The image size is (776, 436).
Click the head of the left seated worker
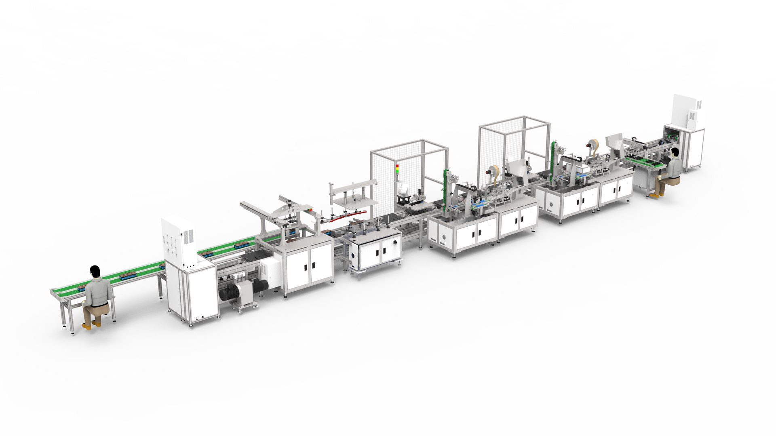[95, 272]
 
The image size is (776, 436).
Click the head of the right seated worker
[675, 153]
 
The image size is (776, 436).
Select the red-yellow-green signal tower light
[397, 169]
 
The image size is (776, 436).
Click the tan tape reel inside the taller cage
[494, 170]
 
